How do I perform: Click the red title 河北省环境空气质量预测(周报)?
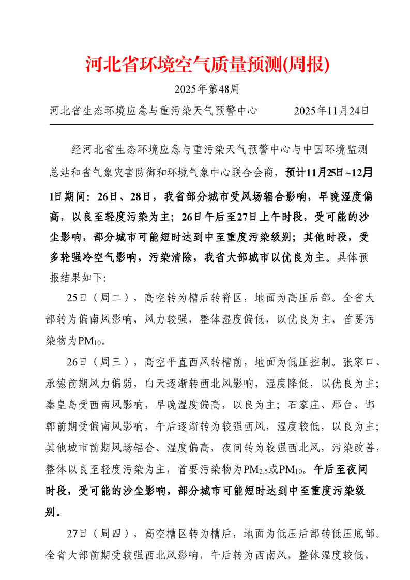click(x=207, y=65)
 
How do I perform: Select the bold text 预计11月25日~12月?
click(x=328, y=172)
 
